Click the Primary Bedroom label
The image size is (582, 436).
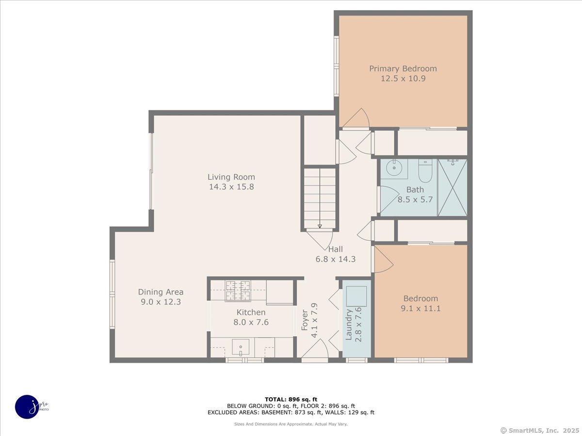coord(403,68)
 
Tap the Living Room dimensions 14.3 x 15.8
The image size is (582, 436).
coord(231,187)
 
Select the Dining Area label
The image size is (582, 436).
coord(161,292)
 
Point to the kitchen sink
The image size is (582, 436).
coord(241,347)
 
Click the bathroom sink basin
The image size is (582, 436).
coord(394,169)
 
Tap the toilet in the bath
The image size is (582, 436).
coord(425,172)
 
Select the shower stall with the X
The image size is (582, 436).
coord(452,187)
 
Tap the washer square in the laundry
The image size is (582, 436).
coord(356,296)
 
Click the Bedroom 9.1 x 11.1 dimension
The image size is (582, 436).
coord(420,308)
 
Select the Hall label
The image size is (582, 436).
coord(335,249)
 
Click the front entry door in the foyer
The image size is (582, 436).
coord(315,351)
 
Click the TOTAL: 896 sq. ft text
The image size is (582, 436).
coord(291,399)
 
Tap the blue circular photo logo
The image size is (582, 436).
coord(27,406)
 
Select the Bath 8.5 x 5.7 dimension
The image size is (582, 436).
coord(415,199)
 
